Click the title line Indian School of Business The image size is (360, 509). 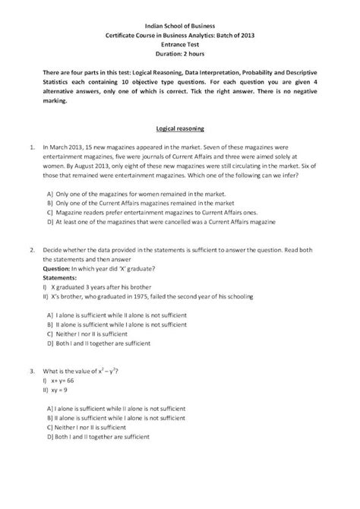tap(180, 25)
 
